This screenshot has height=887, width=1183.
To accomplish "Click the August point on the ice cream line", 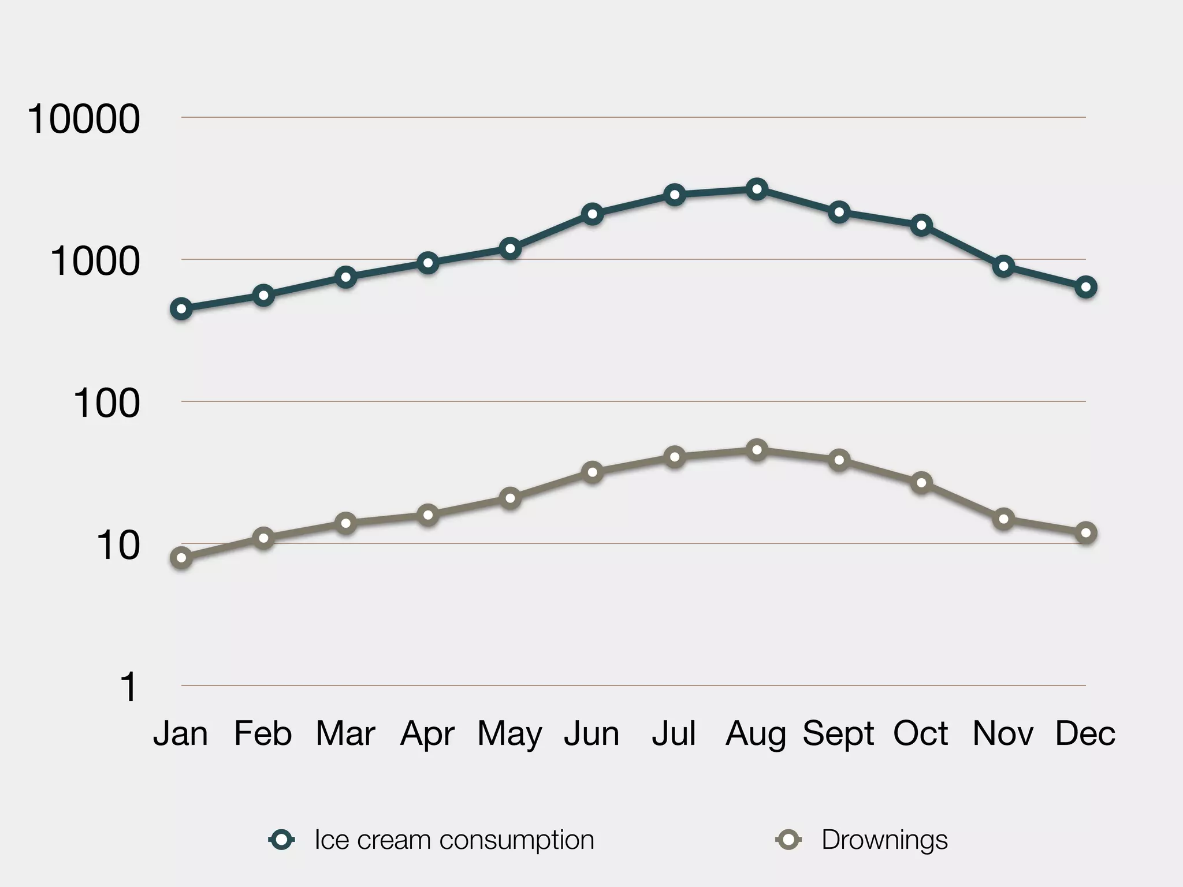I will point(757,189).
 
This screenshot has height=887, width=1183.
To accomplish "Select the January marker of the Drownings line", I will point(181,557).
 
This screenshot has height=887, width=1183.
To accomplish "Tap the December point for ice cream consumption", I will point(1086,287).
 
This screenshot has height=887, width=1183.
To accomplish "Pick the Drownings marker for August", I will point(757,450).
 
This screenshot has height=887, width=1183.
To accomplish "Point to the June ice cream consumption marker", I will point(592,214).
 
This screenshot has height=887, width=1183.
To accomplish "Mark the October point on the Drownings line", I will point(921,483).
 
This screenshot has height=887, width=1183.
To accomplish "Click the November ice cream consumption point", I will point(1003,266).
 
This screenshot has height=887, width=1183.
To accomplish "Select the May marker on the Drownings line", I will point(510,498).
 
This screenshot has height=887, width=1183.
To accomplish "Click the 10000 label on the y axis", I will point(84,120).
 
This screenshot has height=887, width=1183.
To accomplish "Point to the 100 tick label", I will point(106,403).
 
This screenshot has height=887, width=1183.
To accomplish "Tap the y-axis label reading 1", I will point(128,687).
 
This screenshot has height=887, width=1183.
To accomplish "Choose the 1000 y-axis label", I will point(95,261).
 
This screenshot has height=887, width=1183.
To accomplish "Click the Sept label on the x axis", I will point(838,734).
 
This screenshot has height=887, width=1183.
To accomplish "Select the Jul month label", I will point(674,734).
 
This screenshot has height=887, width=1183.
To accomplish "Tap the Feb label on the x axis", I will point(263,734).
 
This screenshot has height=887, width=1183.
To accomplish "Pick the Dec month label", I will point(1085,734).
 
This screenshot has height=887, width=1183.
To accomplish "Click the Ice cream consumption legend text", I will point(454,840).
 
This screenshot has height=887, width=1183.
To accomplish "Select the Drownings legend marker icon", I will point(788,840).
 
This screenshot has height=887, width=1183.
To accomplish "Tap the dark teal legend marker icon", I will point(282,840).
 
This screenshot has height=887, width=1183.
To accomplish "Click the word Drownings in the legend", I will point(884,840).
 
